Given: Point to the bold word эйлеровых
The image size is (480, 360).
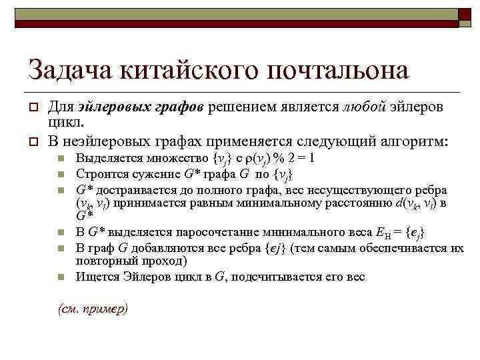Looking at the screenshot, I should (107, 107).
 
